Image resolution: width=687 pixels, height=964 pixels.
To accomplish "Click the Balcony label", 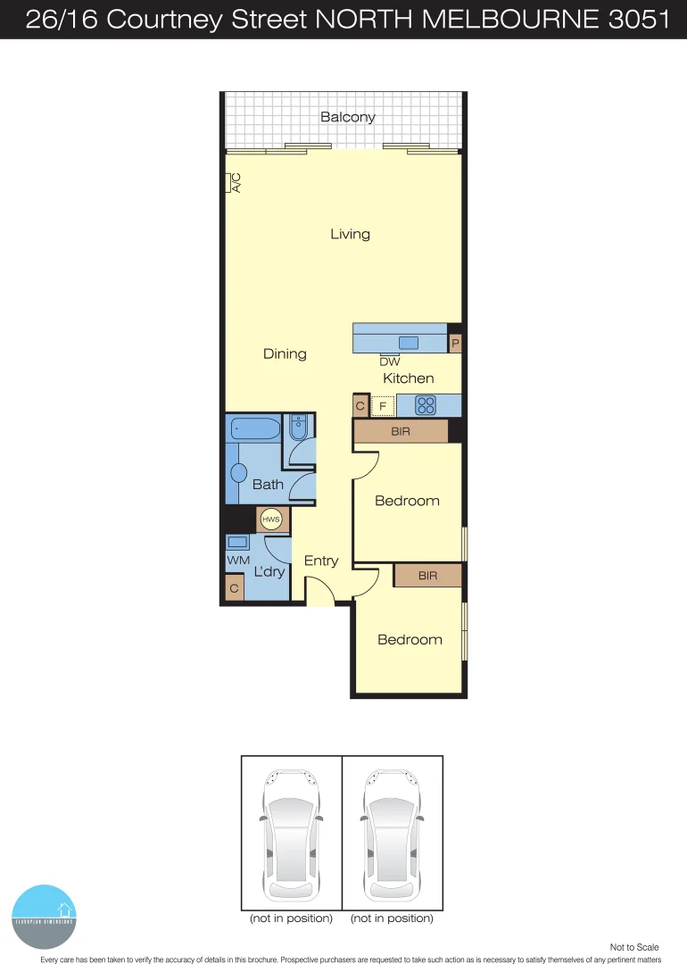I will click(348, 117).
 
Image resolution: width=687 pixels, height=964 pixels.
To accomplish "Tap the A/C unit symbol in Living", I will click(229, 182).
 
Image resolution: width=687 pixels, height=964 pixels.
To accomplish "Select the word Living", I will click(350, 234).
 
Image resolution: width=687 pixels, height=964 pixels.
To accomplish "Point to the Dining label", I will click(285, 353).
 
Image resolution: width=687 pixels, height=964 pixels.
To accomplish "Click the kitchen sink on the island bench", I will click(409, 343).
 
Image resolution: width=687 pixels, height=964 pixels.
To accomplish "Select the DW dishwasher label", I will click(389, 361).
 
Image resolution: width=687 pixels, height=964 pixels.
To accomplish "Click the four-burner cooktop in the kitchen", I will click(426, 405).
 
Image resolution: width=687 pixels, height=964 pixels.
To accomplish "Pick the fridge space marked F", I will click(383, 406).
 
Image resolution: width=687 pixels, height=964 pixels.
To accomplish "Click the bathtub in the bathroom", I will click(255, 428).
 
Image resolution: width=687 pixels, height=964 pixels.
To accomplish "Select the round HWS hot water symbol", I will click(269, 519).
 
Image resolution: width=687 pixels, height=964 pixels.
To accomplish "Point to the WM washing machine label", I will click(237, 560).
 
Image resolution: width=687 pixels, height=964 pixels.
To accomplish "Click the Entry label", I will click(321, 561).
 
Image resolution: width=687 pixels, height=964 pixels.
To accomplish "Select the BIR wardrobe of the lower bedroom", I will click(427, 576).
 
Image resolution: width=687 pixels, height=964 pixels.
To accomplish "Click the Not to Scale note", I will click(634, 947).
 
